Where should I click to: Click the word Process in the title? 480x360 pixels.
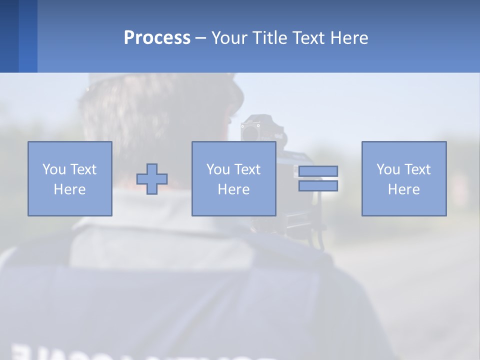click(157, 38)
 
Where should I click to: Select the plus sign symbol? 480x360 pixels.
click(152, 179)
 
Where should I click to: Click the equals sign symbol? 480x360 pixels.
click(318, 178)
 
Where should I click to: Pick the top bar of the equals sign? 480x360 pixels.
click(318, 171)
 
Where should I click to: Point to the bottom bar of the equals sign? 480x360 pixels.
click(318, 186)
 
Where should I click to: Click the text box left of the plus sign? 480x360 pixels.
click(70, 178)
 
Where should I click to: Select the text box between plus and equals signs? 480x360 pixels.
click(233, 178)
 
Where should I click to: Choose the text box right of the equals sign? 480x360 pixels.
click(404, 178)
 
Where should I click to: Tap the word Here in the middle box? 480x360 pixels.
click(233, 189)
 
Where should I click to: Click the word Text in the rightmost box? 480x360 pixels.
click(417, 169)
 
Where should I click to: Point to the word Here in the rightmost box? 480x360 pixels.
click(404, 189)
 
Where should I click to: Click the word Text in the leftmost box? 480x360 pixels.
click(83, 169)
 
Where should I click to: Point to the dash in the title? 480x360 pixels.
click(200, 38)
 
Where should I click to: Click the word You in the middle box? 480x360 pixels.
click(218, 169)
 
